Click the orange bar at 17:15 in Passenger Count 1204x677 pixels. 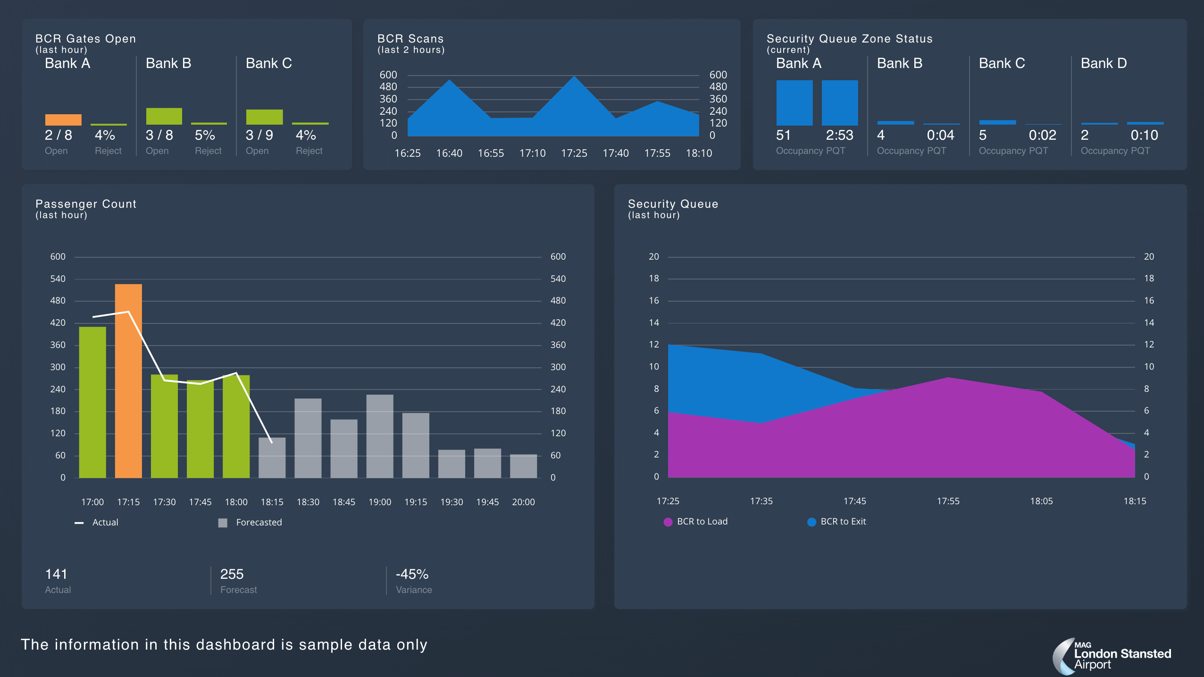click(128, 381)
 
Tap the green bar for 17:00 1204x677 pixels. click(92, 402)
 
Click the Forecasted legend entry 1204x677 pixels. click(250, 522)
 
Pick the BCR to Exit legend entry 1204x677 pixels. click(837, 522)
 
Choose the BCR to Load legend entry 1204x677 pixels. click(696, 522)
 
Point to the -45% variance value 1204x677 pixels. click(412, 574)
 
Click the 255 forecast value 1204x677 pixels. click(232, 574)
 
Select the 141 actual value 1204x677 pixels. click(56, 574)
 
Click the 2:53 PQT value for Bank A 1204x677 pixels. click(839, 135)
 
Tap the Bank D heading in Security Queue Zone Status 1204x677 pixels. click(1104, 63)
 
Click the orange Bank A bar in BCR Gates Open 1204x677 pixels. click(63, 119)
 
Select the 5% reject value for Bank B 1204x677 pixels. click(205, 135)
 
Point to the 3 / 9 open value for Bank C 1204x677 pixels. click(259, 135)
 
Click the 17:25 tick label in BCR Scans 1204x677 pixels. click(574, 153)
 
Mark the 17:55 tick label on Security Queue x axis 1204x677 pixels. click(948, 501)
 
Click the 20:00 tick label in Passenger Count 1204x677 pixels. click(523, 502)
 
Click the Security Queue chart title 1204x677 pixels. click(673, 204)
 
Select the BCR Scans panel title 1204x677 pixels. click(410, 39)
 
